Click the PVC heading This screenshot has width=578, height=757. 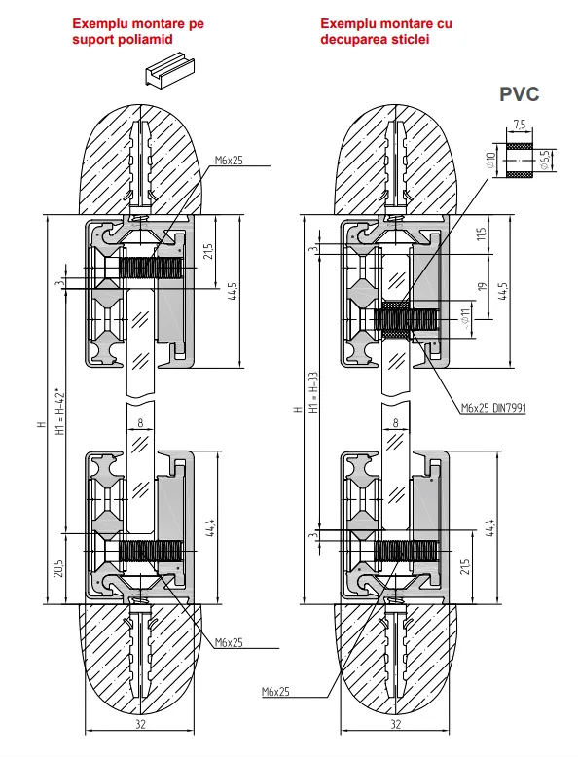[x=519, y=94]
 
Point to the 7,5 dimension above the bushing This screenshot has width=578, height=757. [x=520, y=125]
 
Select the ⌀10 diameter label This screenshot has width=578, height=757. [x=491, y=160]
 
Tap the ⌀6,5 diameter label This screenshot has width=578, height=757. [x=545, y=160]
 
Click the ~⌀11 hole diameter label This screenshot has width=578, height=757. [x=465, y=319]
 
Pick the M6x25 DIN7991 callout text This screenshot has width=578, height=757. [x=493, y=408]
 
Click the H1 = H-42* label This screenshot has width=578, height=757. [x=60, y=411]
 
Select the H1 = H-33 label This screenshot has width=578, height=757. [x=314, y=392]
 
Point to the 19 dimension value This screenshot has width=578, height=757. [x=482, y=286]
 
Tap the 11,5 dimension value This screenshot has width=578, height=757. [x=482, y=234]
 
